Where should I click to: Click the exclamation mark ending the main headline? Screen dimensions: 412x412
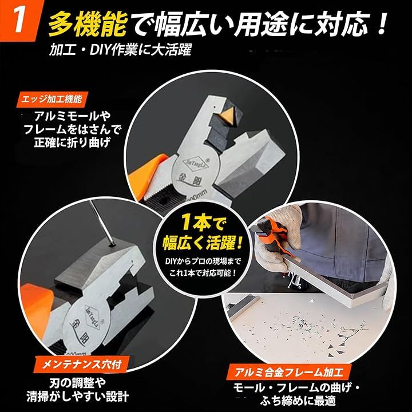381,24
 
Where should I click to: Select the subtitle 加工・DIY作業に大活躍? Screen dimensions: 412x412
120,49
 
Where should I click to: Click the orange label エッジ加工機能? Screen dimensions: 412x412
51,100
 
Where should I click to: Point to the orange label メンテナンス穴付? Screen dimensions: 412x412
82,364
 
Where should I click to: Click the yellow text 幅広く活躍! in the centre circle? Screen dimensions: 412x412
202,243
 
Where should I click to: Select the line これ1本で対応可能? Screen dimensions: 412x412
203,273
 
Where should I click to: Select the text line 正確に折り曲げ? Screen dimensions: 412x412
72,142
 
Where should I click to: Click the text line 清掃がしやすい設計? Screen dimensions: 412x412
77,397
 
